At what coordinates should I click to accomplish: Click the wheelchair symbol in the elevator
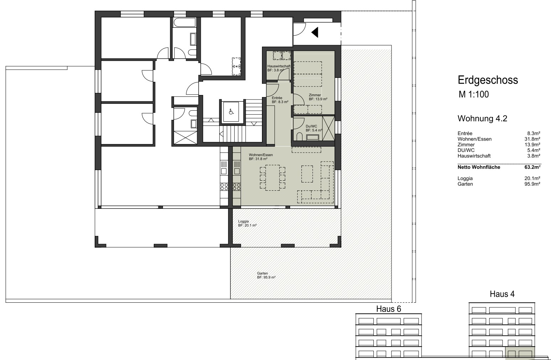231,112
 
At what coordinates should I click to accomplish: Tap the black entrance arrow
315,32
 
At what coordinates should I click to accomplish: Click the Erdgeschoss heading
488,80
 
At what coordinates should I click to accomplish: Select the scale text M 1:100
474,94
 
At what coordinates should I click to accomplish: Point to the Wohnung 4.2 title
482,118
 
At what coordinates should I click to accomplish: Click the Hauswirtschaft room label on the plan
279,66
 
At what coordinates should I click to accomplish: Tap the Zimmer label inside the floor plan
315,95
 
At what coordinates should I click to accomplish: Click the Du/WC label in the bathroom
311,126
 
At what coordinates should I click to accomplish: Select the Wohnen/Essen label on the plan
261,155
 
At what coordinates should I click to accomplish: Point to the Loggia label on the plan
243,221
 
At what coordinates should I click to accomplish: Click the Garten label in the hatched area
262,273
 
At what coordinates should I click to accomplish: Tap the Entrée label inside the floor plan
277,98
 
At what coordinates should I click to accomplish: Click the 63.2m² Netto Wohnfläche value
532,167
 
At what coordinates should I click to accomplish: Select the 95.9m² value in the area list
532,184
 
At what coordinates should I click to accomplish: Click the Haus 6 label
389,309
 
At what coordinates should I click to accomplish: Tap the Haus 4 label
502,294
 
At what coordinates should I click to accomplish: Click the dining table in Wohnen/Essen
273,178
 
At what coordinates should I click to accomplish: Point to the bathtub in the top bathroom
185,22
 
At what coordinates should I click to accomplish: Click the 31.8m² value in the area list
532,139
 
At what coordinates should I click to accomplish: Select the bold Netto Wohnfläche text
479,167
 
